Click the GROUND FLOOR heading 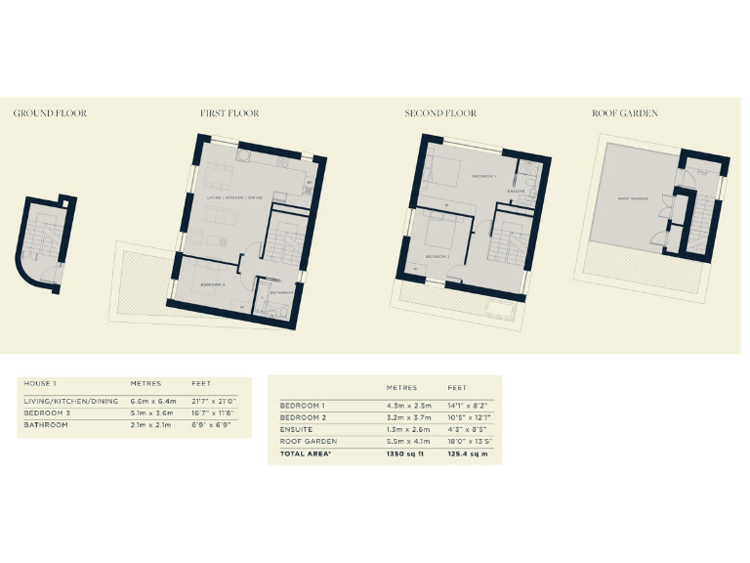coord(50,113)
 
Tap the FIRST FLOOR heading coord(229,113)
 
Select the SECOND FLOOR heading coord(440,113)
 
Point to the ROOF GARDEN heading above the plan coord(625,113)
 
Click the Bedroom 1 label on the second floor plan coord(484,176)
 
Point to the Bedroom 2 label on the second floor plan coord(436,256)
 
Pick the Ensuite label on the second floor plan coord(517,191)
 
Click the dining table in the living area coord(220,176)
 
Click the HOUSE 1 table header coord(39,383)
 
